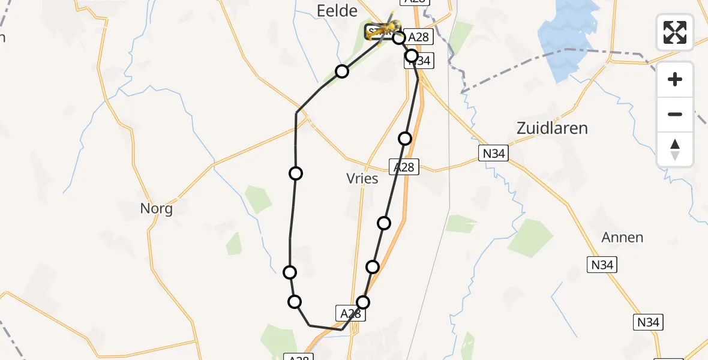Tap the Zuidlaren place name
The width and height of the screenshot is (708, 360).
(552, 128)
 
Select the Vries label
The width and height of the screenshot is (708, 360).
(362, 178)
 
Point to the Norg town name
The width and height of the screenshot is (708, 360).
(156, 209)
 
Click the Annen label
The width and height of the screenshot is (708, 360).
(622, 238)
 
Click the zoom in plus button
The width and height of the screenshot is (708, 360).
(675, 79)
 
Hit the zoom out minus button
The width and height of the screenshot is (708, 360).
(675, 114)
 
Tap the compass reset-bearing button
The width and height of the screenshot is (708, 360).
(675, 149)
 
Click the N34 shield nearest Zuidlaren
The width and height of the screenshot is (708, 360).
(493, 154)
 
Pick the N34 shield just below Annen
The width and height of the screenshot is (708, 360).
(602, 264)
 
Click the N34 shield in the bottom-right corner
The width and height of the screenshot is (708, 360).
(649, 322)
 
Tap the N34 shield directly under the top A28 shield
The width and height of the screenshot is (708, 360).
(421, 61)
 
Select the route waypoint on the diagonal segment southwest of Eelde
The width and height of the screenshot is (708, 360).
(342, 71)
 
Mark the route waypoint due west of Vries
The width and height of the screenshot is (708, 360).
(296, 173)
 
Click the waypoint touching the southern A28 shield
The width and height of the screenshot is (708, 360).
(363, 302)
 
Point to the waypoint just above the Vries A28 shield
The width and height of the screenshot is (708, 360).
(405, 139)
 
